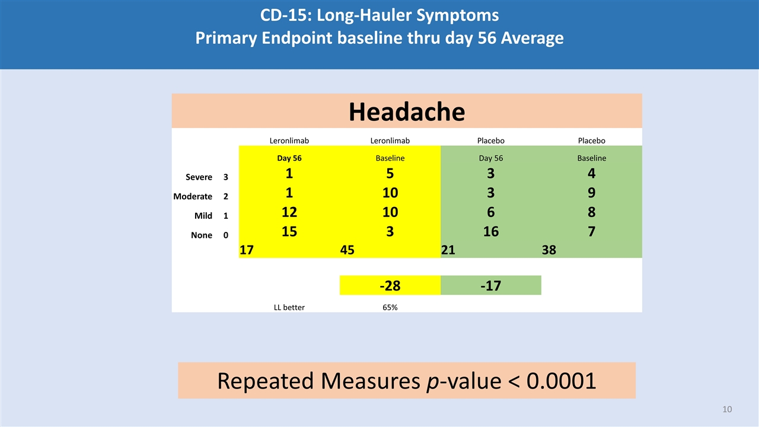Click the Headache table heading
tap(406, 111)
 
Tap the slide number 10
tap(727, 409)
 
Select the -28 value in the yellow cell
tap(390, 286)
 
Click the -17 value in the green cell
tap(490, 286)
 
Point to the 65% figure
tap(390, 307)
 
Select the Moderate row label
tap(193, 196)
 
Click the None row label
tap(202, 235)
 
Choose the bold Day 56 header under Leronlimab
tap(289, 158)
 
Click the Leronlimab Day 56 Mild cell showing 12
tap(289, 212)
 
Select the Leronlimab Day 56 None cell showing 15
tap(289, 231)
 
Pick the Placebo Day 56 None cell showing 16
tap(490, 231)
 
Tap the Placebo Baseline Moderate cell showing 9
tap(591, 193)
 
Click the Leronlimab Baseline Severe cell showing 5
tap(390, 173)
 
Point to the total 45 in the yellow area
tap(347, 250)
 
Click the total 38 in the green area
tap(548, 250)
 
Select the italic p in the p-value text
tap(433, 381)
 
